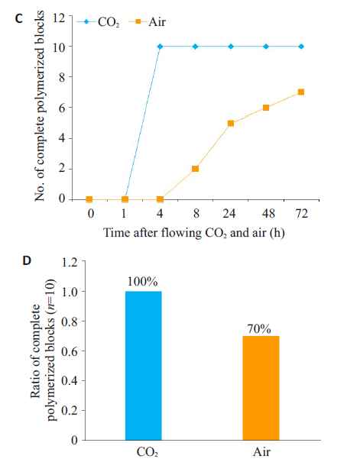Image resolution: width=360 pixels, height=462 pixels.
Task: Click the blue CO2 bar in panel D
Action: tap(143, 366)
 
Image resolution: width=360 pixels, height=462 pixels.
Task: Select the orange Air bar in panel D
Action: tap(261, 388)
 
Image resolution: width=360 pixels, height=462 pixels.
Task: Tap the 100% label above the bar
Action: tap(143, 282)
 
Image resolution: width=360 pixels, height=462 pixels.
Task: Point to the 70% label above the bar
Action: tap(259, 329)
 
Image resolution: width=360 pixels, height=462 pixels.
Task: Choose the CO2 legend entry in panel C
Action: tap(98, 22)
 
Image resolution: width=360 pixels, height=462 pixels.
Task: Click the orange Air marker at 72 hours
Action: tap(301, 92)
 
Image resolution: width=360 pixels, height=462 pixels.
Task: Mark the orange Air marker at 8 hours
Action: tap(195, 169)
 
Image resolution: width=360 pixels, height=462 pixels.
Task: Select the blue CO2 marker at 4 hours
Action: tap(160, 47)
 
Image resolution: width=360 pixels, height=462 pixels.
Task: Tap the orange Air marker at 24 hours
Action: tap(231, 123)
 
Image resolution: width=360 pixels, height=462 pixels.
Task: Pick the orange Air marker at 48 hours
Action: tap(266, 108)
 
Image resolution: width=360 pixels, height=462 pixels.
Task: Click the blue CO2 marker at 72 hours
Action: tap(301, 47)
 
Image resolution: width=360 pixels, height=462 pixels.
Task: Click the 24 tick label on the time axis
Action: tap(229, 213)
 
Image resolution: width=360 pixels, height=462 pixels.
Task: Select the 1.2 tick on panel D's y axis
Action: tap(70, 262)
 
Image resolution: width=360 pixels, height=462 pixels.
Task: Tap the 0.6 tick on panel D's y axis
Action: tap(70, 351)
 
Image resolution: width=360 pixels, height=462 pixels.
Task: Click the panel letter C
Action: tap(18, 19)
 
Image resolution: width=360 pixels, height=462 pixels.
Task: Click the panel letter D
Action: tap(27, 260)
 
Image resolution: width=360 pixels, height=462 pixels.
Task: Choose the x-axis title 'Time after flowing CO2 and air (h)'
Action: tap(194, 233)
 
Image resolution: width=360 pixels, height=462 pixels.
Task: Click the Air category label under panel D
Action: tap(261, 452)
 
